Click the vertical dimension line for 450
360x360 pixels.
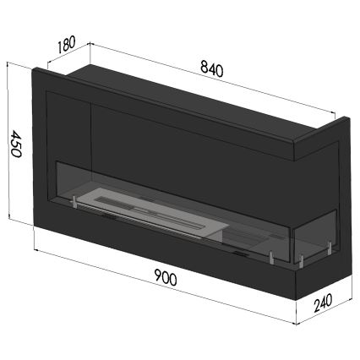point(8,144)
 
